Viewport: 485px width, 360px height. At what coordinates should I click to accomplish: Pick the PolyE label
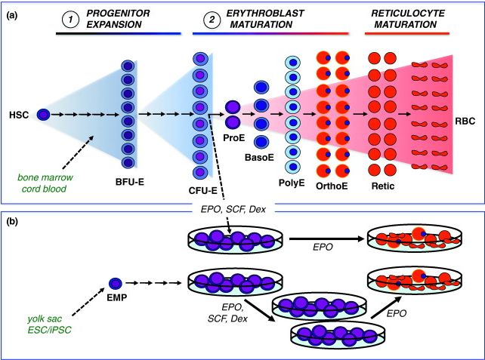pos(292,181)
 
